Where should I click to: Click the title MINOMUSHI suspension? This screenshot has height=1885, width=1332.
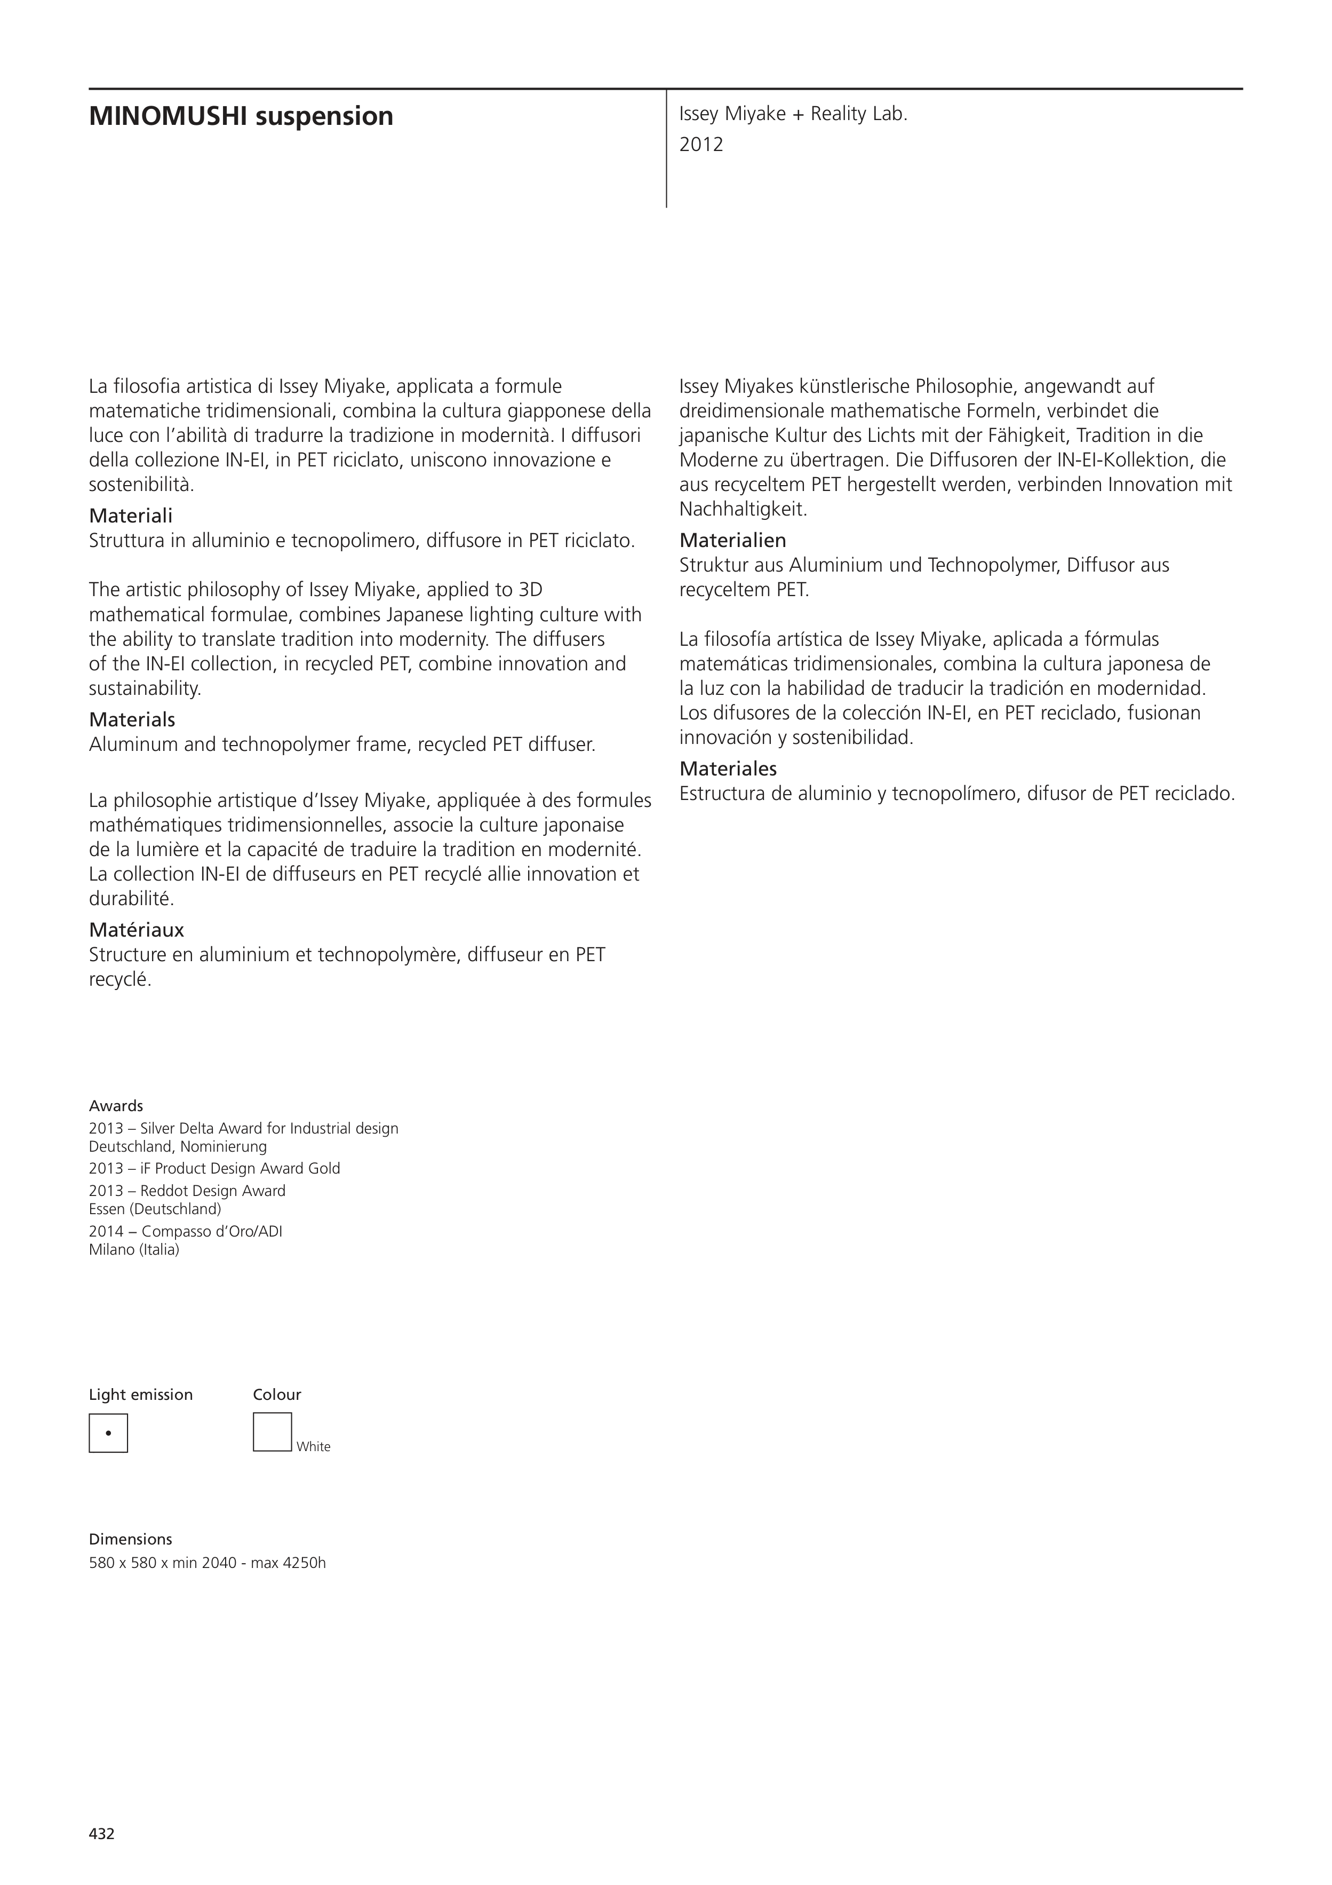click(241, 116)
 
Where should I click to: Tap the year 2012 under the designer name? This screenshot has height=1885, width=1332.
click(701, 145)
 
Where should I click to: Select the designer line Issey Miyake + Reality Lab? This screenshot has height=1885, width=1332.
click(793, 114)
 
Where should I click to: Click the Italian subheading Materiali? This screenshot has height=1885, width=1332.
click(131, 516)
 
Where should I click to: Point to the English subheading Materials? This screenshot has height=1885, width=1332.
click(132, 719)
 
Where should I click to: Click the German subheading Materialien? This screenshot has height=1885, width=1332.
click(732, 540)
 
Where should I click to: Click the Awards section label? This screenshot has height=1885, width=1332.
click(116, 1106)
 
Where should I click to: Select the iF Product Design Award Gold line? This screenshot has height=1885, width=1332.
click(214, 1168)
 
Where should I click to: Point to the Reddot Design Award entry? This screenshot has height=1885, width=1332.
click(187, 1191)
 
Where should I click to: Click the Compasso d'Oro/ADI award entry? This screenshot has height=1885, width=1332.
click(186, 1231)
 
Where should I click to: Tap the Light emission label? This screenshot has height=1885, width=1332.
click(140, 1394)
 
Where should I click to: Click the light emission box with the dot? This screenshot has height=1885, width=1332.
click(108, 1432)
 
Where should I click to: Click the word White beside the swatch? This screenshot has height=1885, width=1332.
click(314, 1447)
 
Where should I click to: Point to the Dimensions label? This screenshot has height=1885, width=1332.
click(131, 1539)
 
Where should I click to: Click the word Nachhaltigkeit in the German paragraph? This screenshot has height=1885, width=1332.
click(743, 509)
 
